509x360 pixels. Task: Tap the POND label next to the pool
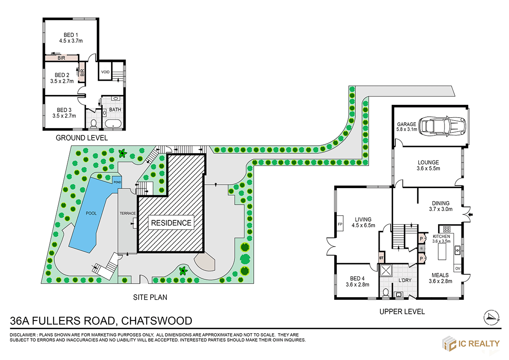[117, 182]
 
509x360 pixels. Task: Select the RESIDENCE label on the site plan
[172, 222]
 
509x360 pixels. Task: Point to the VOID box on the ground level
[105, 72]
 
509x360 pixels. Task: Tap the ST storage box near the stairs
[381, 258]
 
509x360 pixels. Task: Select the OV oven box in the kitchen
[457, 268]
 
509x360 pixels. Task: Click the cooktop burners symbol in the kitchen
[447, 229]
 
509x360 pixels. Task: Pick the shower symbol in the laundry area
[386, 271]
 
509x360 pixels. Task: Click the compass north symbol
[492, 316]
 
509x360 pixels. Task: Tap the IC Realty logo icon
[449, 343]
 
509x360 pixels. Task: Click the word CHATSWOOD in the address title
[157, 321]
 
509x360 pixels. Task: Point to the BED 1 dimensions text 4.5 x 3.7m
[71, 41]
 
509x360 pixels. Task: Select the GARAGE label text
[406, 124]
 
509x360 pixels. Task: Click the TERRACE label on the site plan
[128, 213]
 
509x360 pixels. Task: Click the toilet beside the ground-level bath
[94, 123]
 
